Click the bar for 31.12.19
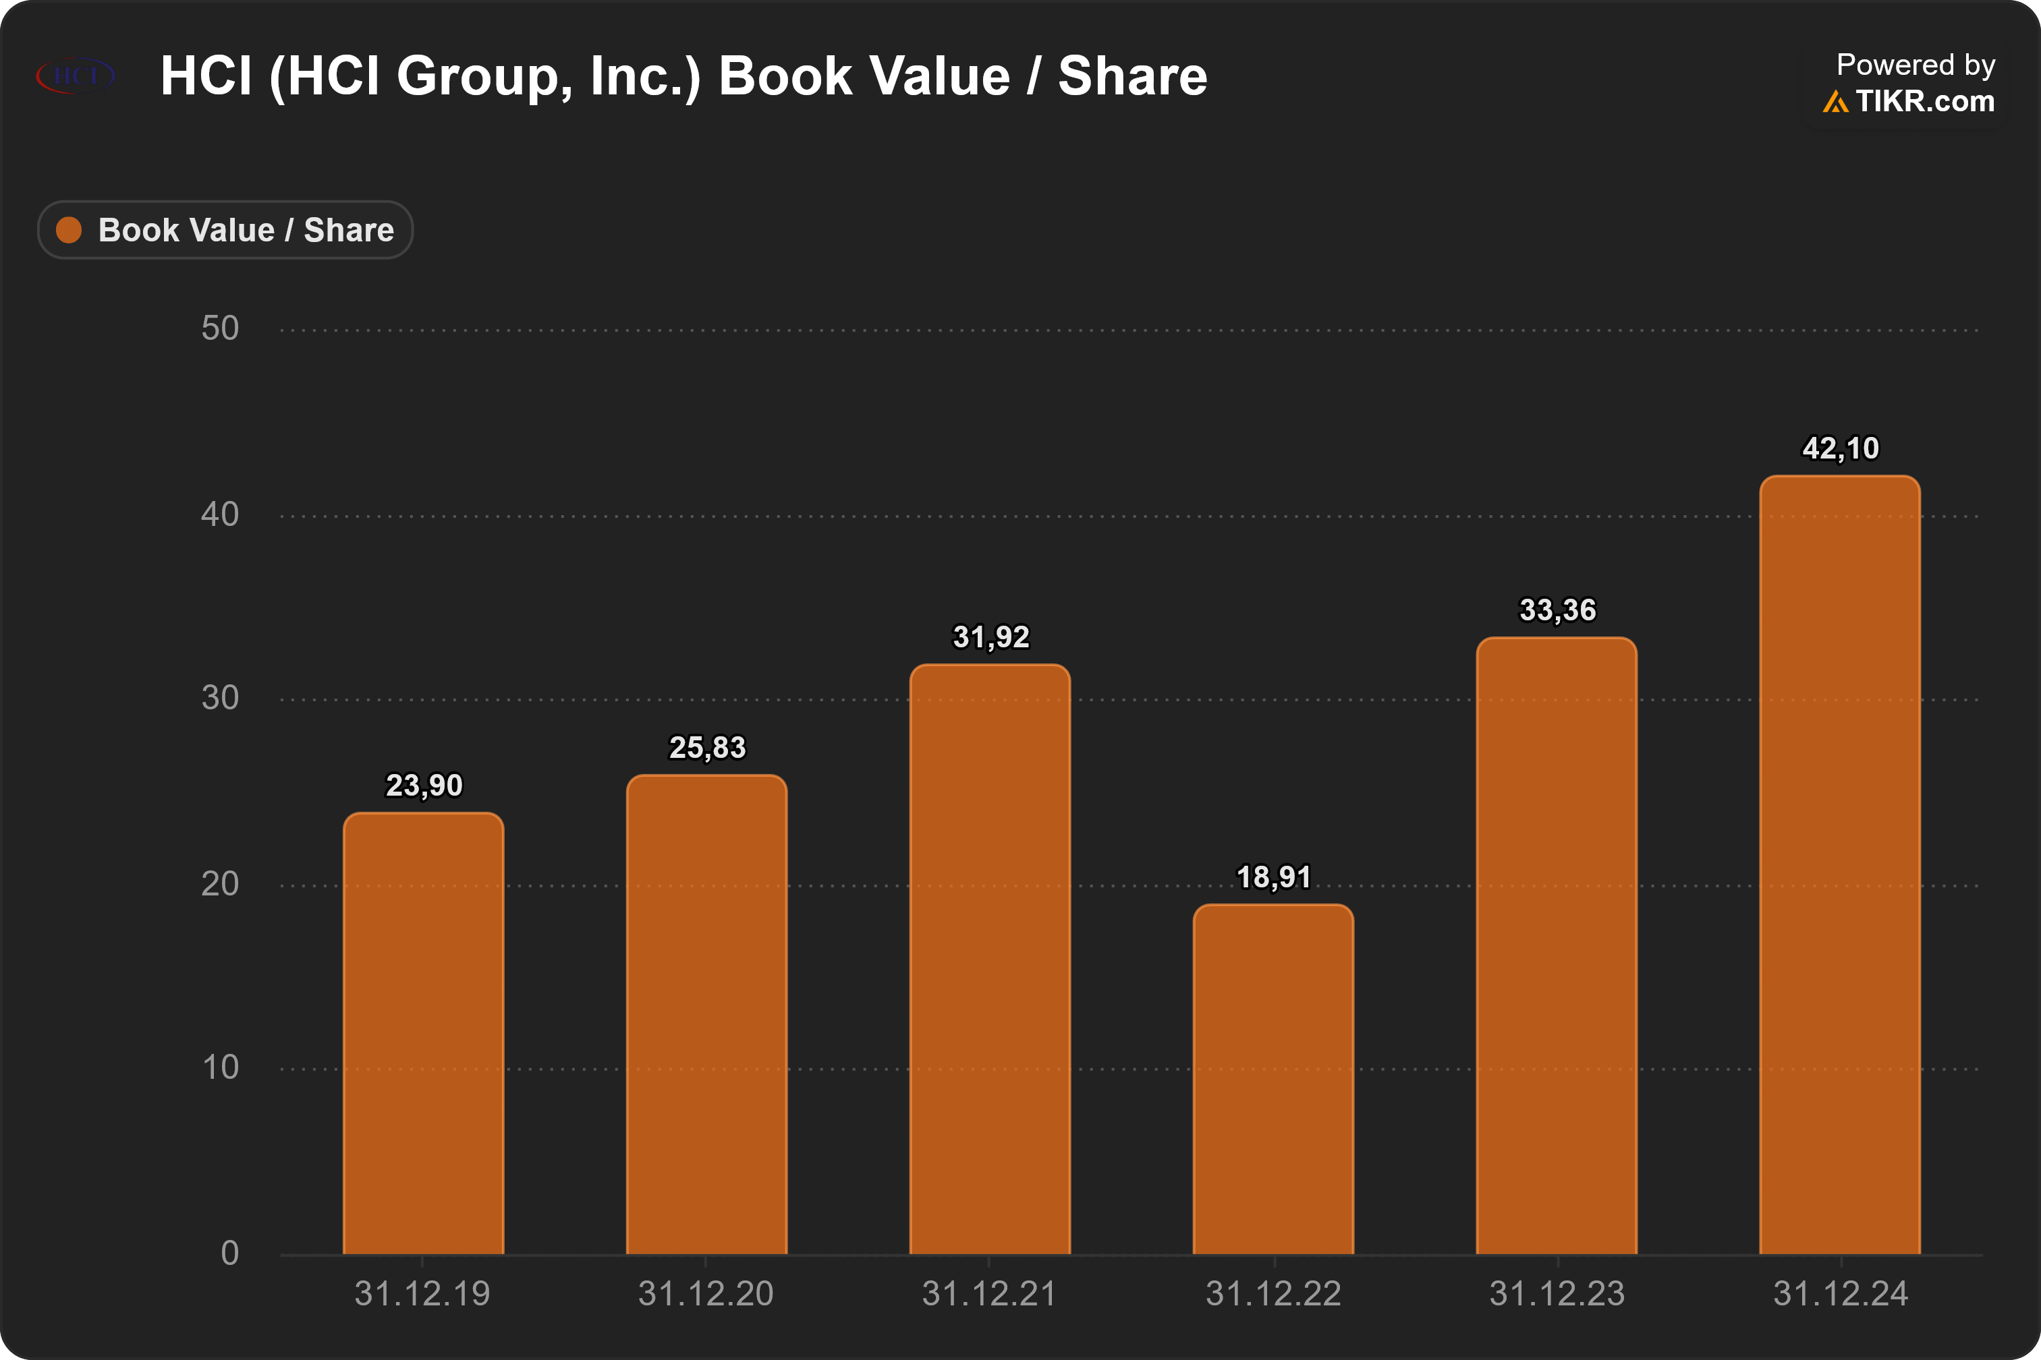[424, 1033]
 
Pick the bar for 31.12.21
[990, 959]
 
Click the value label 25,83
[707, 748]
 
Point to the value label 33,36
[1558, 611]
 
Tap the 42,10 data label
[1841, 448]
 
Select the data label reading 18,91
[1274, 878]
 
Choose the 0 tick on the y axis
[229, 1253]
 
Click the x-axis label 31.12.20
[706, 1294]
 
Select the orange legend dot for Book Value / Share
[69, 230]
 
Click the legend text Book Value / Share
[246, 231]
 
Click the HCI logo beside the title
[75, 76]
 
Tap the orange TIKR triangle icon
[1835, 102]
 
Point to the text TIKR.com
[1925, 102]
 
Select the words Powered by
[1916, 65]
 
